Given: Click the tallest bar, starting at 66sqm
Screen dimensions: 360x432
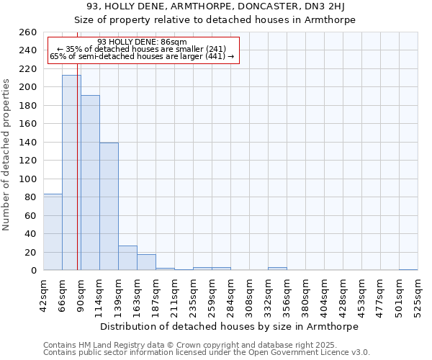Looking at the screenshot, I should [x=71, y=173].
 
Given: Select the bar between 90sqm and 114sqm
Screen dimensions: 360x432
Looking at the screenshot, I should [x=90, y=183].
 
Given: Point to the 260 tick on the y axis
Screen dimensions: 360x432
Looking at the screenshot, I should [x=27, y=32].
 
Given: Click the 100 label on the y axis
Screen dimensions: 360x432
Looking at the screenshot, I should [x=27, y=179].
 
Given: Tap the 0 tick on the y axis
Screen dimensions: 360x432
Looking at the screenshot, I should [x=33, y=271].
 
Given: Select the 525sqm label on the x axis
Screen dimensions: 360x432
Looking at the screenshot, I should [x=418, y=295].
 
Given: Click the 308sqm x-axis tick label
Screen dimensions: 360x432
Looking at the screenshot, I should [x=249, y=295].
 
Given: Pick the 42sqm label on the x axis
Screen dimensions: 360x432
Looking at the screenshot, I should [x=43, y=295].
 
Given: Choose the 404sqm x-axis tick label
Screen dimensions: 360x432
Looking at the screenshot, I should [x=324, y=295].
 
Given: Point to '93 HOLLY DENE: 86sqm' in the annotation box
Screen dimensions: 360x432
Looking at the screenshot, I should [x=142, y=42].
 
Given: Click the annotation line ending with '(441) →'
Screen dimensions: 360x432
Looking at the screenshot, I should [x=142, y=56].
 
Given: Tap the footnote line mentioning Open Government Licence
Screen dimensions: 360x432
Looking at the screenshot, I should [x=207, y=353].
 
